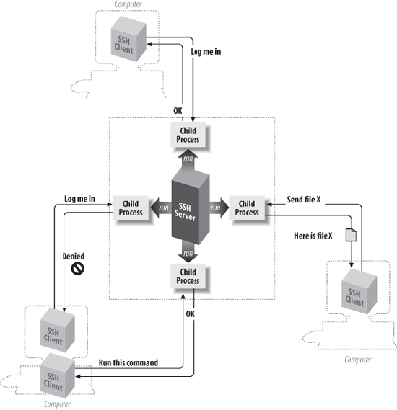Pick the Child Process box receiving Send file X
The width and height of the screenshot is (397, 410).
[x=247, y=208]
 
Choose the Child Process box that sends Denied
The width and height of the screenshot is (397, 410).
[x=131, y=208]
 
